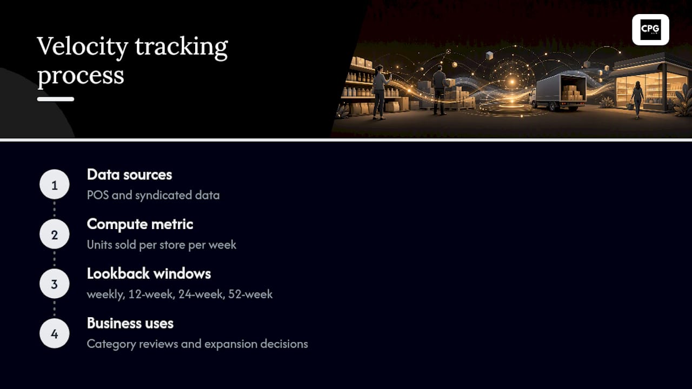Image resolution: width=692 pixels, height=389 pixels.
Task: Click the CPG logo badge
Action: coord(650,30)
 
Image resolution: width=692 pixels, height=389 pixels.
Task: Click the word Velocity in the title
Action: coord(83,46)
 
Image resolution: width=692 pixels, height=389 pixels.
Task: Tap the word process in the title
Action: coord(81,75)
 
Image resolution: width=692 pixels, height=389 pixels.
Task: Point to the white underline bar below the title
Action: coord(56,99)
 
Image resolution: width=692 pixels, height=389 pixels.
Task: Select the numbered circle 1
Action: coord(55,184)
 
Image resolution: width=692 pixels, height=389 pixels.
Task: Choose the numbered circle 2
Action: coord(55,234)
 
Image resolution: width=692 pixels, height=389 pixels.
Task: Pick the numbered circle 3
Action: coord(55,284)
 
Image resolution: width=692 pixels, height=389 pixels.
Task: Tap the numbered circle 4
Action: coord(55,333)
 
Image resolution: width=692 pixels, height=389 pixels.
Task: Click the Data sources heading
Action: coord(129,175)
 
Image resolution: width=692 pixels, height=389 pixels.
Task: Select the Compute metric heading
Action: coord(140,224)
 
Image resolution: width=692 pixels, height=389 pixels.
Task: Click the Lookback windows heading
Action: coord(149,274)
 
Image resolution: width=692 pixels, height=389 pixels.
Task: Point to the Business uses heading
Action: coord(130,324)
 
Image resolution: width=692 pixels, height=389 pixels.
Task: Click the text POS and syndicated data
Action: coord(153,196)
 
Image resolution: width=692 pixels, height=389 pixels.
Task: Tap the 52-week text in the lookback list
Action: coord(250,294)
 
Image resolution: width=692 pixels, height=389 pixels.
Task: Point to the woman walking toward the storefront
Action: coord(637,99)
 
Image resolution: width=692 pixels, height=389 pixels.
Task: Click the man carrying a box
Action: coord(440,90)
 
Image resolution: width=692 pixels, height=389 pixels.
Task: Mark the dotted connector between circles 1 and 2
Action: coord(55,209)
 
